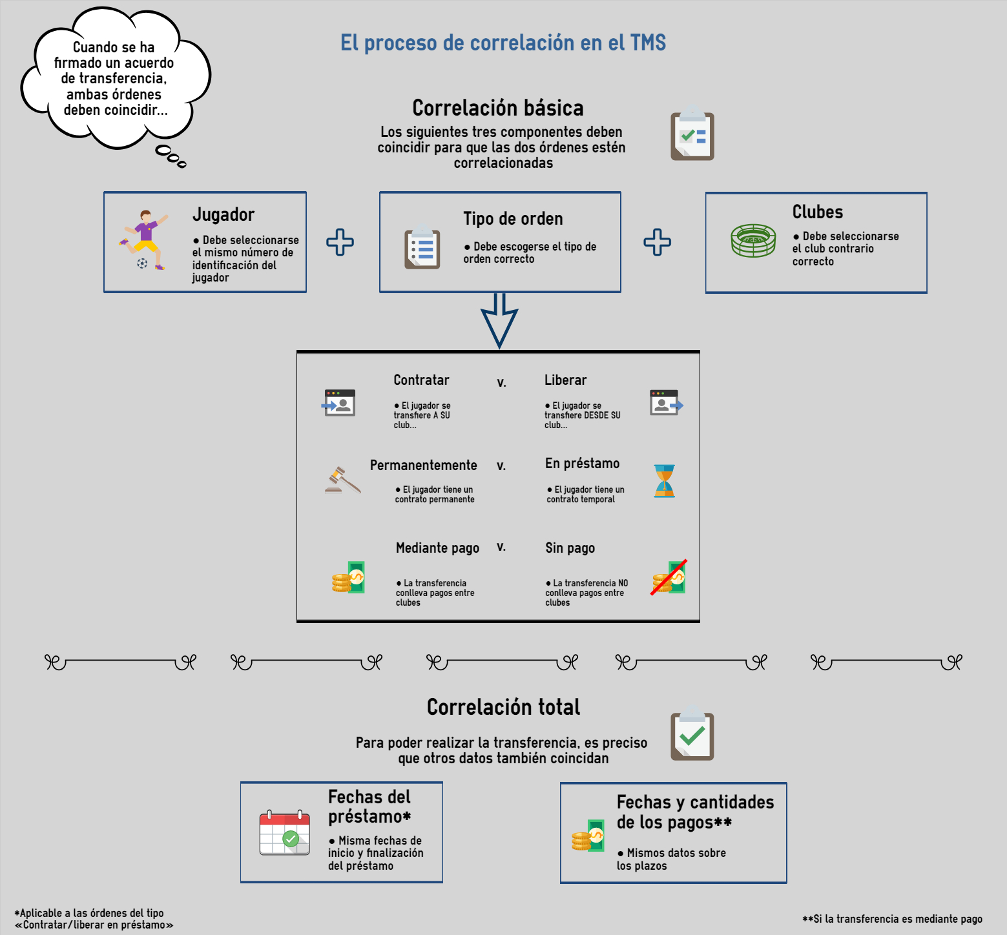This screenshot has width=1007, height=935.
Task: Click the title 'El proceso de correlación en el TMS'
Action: (x=503, y=43)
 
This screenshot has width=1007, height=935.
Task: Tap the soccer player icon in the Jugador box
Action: (x=143, y=240)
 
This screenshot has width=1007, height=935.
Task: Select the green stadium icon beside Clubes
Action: (x=753, y=241)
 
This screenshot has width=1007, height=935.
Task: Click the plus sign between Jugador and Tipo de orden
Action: (x=340, y=242)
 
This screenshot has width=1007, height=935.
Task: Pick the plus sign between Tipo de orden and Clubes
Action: (x=657, y=242)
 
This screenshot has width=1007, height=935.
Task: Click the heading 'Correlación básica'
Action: (x=498, y=108)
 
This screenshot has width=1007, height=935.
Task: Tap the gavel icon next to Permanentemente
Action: (x=342, y=480)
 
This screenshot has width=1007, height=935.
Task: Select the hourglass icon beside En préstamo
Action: (x=664, y=481)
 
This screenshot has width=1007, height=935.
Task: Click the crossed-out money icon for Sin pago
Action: (x=669, y=577)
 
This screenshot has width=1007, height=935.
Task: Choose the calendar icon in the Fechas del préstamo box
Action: (x=285, y=833)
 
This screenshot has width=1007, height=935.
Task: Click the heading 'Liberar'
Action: (x=565, y=380)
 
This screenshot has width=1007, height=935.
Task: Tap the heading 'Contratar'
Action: (x=421, y=380)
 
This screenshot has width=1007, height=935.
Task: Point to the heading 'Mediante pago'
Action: (x=437, y=548)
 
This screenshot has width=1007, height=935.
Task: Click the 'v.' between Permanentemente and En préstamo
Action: (x=501, y=466)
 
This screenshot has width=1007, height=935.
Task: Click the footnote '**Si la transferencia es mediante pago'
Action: (x=892, y=919)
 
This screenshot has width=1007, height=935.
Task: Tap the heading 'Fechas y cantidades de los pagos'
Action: (x=695, y=812)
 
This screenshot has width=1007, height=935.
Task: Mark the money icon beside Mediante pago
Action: (x=348, y=577)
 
